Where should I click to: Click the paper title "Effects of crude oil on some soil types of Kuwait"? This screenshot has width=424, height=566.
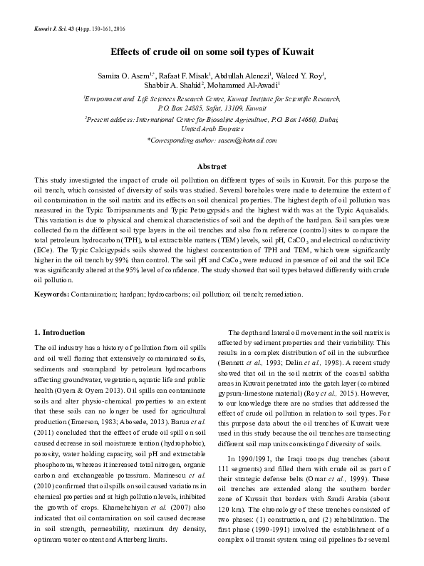pyautogui.click(x=212, y=53)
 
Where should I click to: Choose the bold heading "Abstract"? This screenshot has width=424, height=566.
pyautogui.click(x=212, y=165)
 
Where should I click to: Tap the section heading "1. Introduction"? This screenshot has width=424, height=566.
pyautogui.click(x=61, y=333)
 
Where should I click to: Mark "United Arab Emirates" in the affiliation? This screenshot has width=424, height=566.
pyautogui.click(x=212, y=130)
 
